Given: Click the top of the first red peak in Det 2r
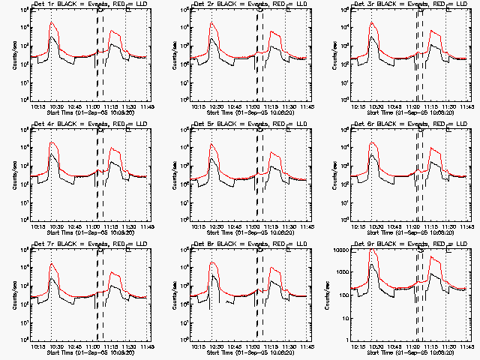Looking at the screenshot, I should [213, 22].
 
